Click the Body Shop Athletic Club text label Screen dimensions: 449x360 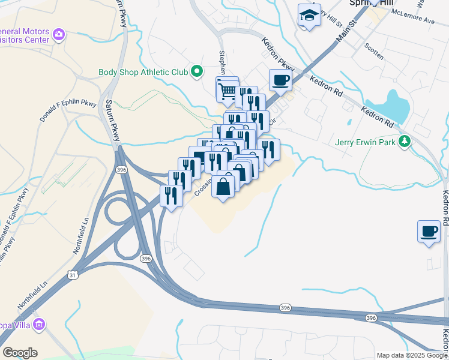point(143,73)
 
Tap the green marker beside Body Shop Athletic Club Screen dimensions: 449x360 point(196,73)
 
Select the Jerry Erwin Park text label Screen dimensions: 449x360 point(367,143)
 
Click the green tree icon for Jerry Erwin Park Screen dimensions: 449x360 point(405,142)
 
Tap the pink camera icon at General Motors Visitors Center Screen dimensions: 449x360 point(59,34)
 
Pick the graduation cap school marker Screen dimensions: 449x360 point(309,16)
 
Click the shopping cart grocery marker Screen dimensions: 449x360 point(228,91)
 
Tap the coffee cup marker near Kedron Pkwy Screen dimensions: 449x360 point(280,80)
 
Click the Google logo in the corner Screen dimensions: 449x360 point(20,353)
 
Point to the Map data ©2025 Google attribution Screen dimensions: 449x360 point(412,355)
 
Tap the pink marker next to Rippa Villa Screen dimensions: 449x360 point(40,325)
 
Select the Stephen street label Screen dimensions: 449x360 point(223,61)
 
